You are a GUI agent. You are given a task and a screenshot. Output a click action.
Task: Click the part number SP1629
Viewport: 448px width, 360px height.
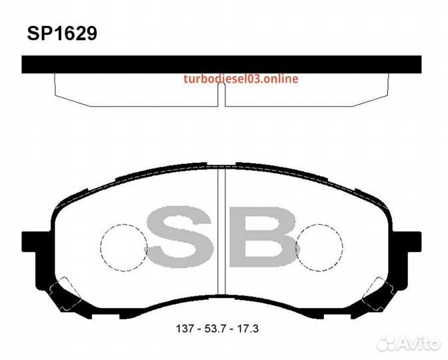[62, 34]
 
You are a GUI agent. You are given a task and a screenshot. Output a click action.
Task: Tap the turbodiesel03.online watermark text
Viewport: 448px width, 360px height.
[241, 79]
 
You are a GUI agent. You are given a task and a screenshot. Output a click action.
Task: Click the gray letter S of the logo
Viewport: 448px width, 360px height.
[180, 237]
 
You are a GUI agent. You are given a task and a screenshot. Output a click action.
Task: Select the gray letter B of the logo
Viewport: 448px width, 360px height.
[262, 237]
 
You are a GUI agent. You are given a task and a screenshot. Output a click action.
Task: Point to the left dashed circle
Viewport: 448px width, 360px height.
[101, 247]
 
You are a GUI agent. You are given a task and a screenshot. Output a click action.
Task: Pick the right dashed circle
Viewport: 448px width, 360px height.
[343, 247]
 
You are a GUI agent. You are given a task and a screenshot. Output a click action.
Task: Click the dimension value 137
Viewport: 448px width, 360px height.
[185, 329]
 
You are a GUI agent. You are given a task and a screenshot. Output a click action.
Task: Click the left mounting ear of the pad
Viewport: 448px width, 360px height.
[29, 242]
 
